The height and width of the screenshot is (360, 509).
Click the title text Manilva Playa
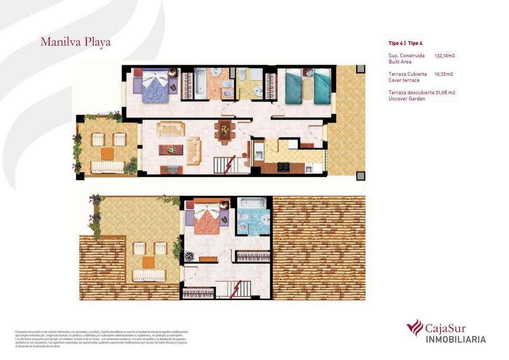[75, 42]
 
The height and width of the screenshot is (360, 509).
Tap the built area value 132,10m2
[445, 55]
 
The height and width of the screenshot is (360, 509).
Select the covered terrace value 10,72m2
[444, 74]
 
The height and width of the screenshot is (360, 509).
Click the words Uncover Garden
[407, 99]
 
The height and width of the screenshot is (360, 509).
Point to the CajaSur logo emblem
[414, 327]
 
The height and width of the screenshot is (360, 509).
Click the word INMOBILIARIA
[456, 339]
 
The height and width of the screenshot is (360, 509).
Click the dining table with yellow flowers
[224, 129]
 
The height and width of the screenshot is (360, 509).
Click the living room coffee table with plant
[171, 150]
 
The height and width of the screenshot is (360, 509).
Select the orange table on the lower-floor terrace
[108, 154]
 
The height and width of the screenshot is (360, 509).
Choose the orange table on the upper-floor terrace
[148, 262]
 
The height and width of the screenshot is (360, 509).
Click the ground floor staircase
[225, 164]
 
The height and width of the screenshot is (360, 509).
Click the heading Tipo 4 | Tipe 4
[406, 43]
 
